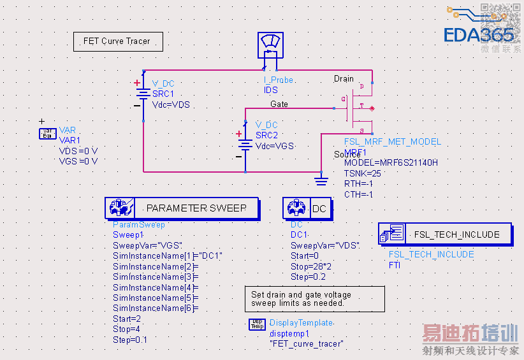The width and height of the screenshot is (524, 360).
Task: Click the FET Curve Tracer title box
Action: pos(118,41)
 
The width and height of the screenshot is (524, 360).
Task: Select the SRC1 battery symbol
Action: pos(143,95)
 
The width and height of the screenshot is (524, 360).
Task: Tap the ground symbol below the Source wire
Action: pos(321,180)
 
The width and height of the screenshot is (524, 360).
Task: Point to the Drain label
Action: pos(344,79)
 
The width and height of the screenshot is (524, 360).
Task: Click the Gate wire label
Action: pos(279,104)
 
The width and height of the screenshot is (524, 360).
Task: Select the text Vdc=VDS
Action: pos(171,105)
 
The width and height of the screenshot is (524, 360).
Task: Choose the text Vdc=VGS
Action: pos(275,146)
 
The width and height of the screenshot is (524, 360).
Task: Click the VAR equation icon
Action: pos(48,133)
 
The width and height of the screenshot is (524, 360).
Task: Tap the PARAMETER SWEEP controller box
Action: pos(182,208)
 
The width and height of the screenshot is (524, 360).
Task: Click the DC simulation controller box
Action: pos(308,208)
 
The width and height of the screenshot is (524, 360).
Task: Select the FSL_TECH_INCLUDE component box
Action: pos(444,234)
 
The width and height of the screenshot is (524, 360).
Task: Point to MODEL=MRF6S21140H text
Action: pos(391,162)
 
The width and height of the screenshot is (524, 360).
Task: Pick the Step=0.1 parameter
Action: pos(129,340)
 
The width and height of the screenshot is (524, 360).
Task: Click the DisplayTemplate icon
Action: pos(257,324)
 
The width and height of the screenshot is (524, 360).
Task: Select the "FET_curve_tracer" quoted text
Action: pos(306,344)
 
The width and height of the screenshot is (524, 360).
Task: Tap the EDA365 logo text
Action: pos(479,34)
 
